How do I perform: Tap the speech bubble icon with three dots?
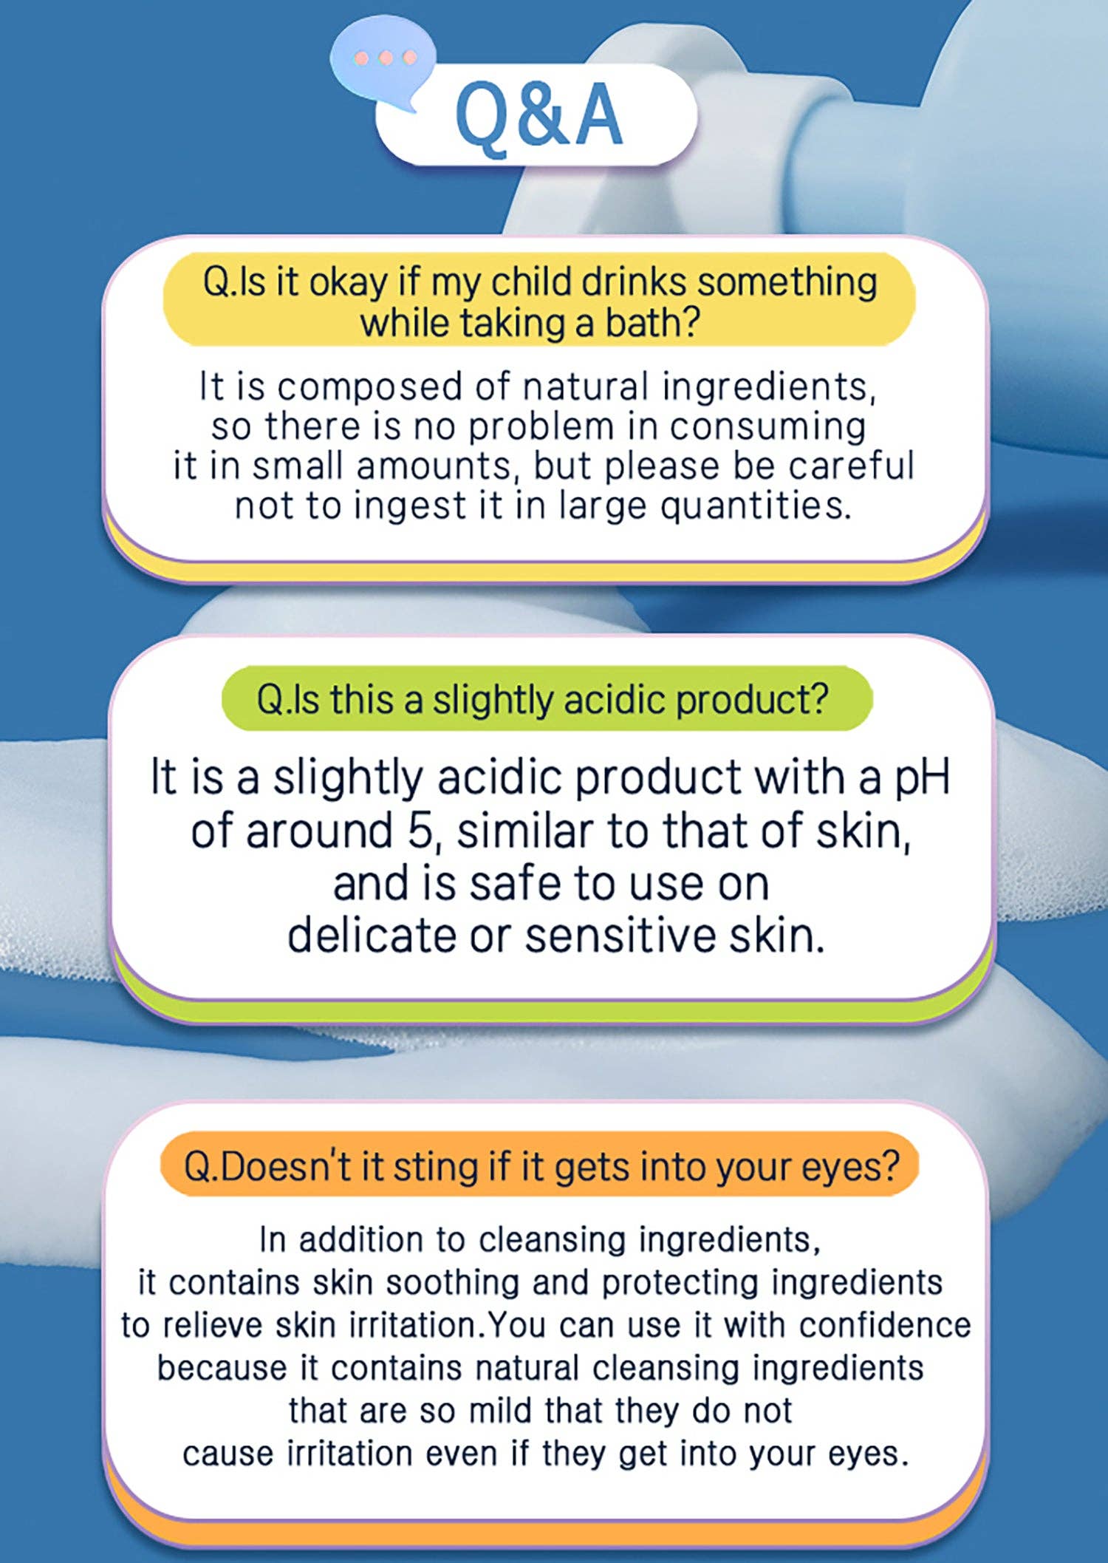(383, 65)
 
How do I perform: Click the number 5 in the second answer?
(420, 831)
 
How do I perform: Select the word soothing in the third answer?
(452, 1284)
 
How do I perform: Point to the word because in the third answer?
(222, 1368)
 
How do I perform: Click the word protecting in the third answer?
(680, 1284)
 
